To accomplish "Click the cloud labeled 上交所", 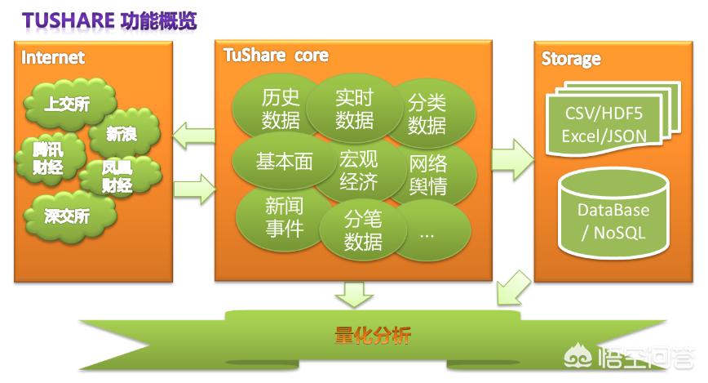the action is click(69, 103).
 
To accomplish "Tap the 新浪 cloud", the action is click(123, 133).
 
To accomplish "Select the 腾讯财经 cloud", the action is click(50, 158).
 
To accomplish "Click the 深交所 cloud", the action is click(69, 216).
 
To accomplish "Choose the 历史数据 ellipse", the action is click(277, 108).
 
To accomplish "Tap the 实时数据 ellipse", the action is click(353, 108).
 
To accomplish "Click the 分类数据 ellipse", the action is click(429, 113).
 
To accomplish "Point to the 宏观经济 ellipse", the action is click(359, 170).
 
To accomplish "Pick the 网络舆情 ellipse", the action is click(429, 175).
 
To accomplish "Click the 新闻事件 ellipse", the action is click(283, 217).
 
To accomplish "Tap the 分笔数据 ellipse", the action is click(363, 229).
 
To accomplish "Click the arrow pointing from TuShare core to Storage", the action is click(513, 159).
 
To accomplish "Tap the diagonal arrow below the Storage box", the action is click(513, 288).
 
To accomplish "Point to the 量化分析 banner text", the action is click(373, 336).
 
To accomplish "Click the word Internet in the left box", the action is click(53, 57).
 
